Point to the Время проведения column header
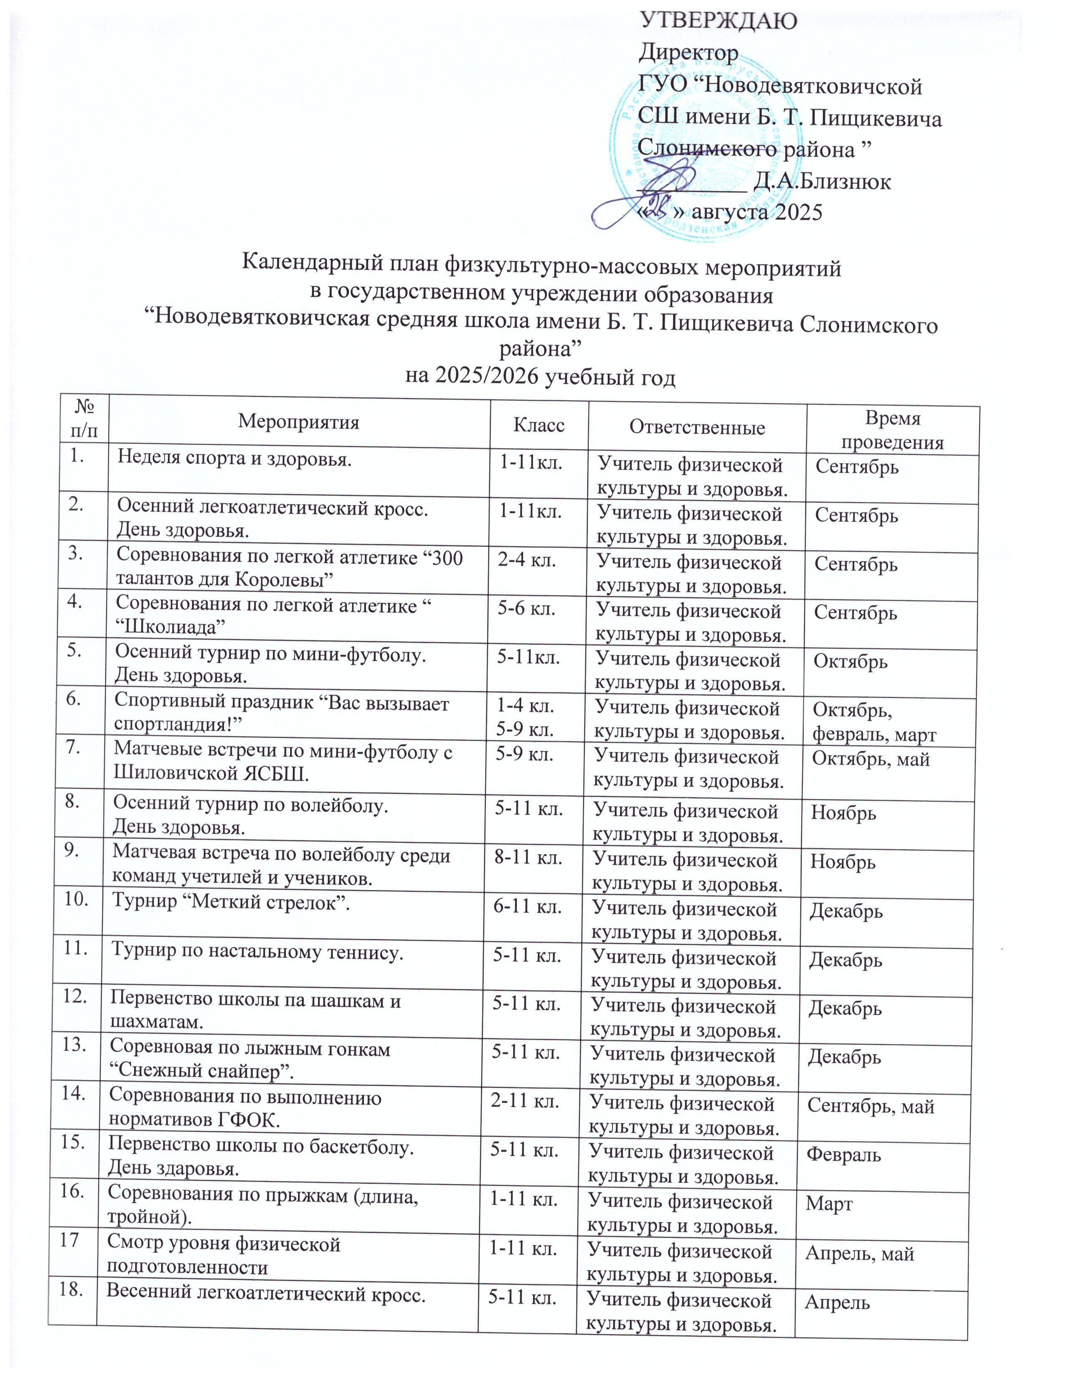click(892, 430)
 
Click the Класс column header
click(538, 425)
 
